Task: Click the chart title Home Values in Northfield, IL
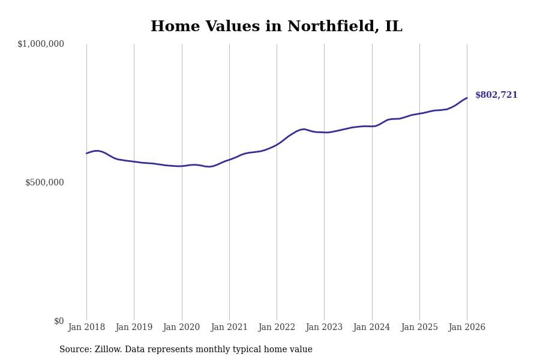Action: (x=276, y=27)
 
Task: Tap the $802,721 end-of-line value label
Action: (x=496, y=95)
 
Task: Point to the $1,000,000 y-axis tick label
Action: (x=41, y=44)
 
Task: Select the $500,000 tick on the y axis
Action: (x=44, y=182)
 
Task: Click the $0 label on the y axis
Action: (x=59, y=321)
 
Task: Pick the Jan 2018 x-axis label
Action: (x=86, y=328)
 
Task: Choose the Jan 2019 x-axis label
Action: (x=134, y=328)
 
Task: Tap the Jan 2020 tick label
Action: (x=181, y=328)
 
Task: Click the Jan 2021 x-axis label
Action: (x=229, y=328)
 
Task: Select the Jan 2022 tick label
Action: (x=277, y=328)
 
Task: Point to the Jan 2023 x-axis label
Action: (x=324, y=328)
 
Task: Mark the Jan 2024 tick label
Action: (x=371, y=328)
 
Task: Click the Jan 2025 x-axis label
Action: (x=419, y=328)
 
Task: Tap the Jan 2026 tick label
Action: (x=467, y=328)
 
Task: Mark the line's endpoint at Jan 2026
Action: (x=467, y=98)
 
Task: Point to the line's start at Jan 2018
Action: (x=86, y=153)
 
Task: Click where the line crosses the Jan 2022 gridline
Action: (x=277, y=145)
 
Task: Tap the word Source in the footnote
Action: (x=74, y=350)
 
